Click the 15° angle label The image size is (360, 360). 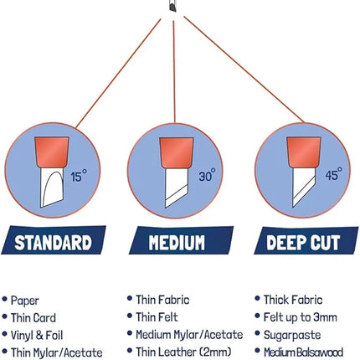tap(79, 176)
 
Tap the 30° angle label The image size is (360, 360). tap(207, 175)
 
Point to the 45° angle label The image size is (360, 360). tap(334, 173)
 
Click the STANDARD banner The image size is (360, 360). tap(54, 240)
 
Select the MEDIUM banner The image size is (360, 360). tap(181, 240)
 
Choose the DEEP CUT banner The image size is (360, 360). tap(306, 240)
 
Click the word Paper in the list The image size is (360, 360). tap(24, 301)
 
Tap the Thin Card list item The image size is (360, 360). tap(33, 318)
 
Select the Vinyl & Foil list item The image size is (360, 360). tap(37, 336)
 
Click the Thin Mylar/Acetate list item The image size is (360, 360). tap(56, 352)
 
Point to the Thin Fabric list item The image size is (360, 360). tap(162, 300)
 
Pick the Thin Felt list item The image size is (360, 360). tap(157, 317)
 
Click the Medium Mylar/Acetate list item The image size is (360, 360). tap(189, 335)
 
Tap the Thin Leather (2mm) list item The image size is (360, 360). tap(183, 352)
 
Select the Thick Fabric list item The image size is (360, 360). tap(293, 300)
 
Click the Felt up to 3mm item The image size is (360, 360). tap(301, 317)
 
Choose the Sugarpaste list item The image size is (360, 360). tap(292, 335)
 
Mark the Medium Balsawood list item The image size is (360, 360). tap(304, 352)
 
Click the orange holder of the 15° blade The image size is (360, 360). tap(52, 152)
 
